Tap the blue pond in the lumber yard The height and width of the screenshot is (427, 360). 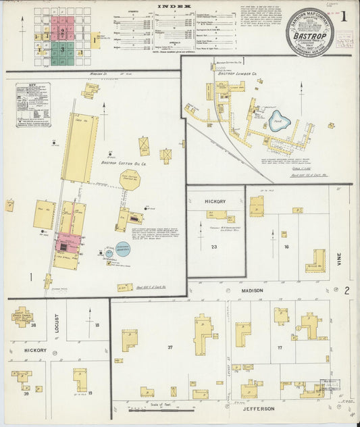click(278, 122)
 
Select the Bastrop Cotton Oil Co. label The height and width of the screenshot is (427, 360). click(124, 163)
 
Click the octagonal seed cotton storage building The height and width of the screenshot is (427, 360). click(129, 180)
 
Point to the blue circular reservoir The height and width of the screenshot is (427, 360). click(122, 249)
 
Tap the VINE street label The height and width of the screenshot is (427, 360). click(338, 255)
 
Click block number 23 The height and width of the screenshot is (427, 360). click(214, 247)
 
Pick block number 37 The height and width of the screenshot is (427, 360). click(170, 347)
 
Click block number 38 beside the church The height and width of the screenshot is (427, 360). click(33, 325)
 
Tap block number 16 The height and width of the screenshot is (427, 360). click(286, 247)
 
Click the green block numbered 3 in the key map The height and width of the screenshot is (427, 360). click(62, 49)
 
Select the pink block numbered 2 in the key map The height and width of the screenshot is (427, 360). click(62, 31)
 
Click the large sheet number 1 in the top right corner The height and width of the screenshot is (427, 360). click(344, 15)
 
